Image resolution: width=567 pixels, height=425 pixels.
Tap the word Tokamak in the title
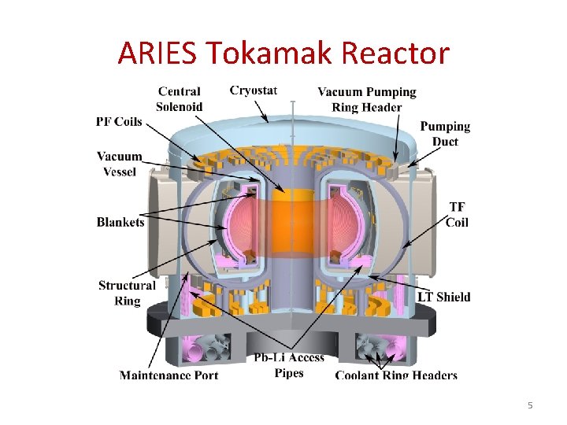point(272,54)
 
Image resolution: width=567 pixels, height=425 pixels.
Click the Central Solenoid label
point(179,99)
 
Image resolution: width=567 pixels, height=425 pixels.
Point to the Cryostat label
point(253,91)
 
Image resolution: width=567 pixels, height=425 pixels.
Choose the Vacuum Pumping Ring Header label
point(366,100)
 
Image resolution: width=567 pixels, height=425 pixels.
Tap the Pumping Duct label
point(445,134)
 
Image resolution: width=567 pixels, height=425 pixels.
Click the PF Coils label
point(119,121)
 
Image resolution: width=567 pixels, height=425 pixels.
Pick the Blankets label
point(120,222)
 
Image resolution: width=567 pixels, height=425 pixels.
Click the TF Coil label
point(457,214)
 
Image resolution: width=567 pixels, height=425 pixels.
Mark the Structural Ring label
point(127,293)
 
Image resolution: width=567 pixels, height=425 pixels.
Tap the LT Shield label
point(443,297)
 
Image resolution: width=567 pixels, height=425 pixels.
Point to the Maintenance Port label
point(169,375)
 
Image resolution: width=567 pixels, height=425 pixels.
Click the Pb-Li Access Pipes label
point(289,366)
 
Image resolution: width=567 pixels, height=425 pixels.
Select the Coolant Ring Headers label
point(396,375)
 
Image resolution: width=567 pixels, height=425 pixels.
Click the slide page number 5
point(530,405)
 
